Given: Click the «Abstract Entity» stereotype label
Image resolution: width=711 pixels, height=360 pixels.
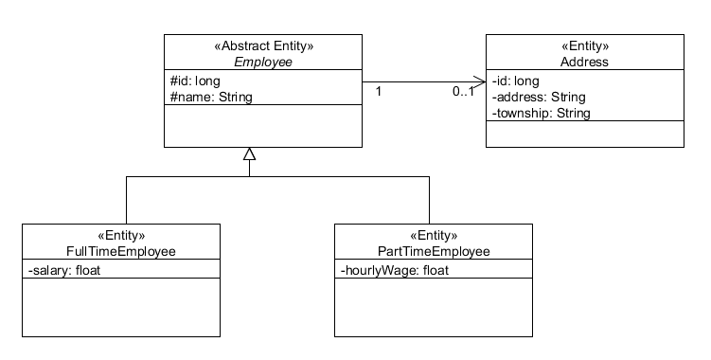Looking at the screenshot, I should point(264,45).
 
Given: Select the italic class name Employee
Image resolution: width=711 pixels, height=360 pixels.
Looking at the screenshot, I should point(264,62).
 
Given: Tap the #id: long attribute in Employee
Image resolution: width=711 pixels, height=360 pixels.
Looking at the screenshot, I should point(196,81).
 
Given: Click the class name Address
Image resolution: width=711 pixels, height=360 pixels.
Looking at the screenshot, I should point(584,62).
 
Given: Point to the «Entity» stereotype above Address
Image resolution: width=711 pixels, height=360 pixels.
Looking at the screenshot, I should point(584,45).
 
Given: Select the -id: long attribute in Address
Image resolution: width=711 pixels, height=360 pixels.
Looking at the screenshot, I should point(516,81).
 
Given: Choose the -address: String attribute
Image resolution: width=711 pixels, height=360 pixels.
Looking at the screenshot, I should point(538,97).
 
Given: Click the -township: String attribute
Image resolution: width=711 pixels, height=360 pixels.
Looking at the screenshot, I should point(541,113).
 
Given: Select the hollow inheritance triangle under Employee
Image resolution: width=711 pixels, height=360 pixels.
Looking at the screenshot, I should point(249,154).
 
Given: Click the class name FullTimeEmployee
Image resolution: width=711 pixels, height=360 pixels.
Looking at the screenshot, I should point(121,251).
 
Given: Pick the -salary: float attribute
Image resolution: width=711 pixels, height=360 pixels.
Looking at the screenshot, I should point(64,271).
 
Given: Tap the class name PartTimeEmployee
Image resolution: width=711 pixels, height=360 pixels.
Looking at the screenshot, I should point(434,251).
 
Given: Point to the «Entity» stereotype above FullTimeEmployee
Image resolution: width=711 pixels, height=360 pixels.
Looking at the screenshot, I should point(121,235).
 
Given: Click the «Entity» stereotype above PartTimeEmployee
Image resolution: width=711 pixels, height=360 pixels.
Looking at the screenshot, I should point(434,235).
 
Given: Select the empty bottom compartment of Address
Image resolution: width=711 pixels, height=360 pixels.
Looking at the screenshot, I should point(584,134).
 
